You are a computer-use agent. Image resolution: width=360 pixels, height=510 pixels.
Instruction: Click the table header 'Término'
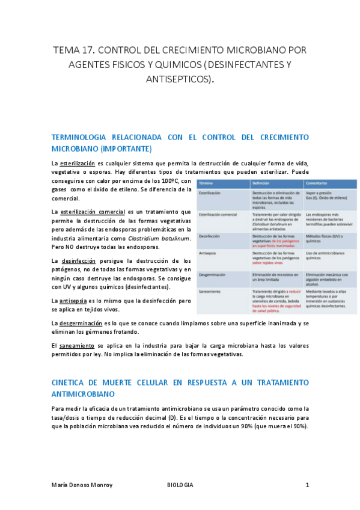pyautogui.click(x=206, y=182)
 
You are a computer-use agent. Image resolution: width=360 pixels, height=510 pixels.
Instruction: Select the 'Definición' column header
pyautogui.click(x=261, y=182)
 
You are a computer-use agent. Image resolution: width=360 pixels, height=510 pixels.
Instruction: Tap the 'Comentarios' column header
pyautogui.click(x=317, y=182)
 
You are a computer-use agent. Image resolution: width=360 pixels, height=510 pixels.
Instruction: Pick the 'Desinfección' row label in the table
pyautogui.click(x=210, y=236)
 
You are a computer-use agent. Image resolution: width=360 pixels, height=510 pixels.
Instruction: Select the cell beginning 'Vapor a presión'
pyautogui.click(x=319, y=192)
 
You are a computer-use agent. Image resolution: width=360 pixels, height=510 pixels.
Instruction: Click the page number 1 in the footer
pyautogui.click(x=307, y=485)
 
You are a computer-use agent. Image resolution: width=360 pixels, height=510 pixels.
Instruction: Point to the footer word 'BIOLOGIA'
pyautogui.click(x=180, y=485)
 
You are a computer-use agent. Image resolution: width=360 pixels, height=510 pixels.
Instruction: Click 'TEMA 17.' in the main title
pyautogui.click(x=72, y=49)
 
